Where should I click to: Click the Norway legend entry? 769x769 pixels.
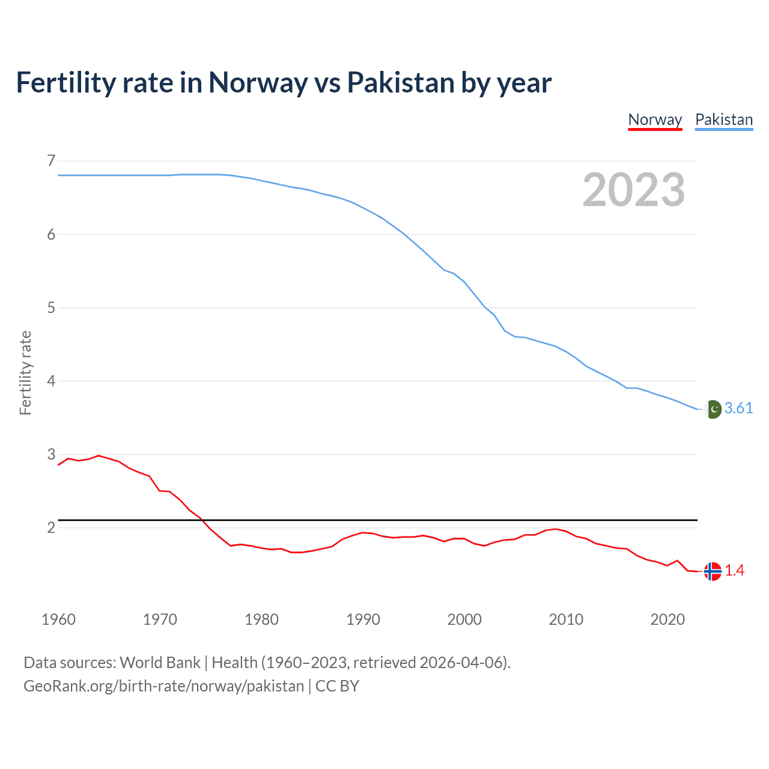(x=655, y=120)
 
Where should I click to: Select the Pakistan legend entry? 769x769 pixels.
(x=724, y=120)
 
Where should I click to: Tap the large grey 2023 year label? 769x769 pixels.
(x=634, y=190)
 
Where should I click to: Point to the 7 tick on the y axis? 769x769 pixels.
(x=51, y=160)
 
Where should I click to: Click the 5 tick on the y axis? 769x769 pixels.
(x=51, y=308)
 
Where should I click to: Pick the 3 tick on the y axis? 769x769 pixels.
(x=51, y=454)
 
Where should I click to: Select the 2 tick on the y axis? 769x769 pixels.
(x=51, y=527)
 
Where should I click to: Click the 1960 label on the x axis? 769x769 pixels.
(x=58, y=619)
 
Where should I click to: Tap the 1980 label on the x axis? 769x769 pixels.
(x=261, y=619)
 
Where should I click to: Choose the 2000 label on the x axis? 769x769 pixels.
(x=464, y=619)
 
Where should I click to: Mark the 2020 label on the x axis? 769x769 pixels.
(x=667, y=619)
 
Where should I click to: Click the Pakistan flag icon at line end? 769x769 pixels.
(x=713, y=409)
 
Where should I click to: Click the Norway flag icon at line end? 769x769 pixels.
(x=713, y=571)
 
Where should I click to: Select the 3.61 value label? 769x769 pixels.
(x=738, y=409)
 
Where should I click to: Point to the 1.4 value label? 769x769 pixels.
(x=734, y=571)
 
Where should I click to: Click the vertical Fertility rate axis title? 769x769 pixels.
(x=25, y=372)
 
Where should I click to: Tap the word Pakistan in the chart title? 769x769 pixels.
(x=401, y=83)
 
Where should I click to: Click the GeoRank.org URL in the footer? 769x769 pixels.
(x=163, y=686)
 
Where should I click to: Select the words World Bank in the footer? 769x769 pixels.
(x=160, y=663)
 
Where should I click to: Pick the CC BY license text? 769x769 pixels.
(x=337, y=686)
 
